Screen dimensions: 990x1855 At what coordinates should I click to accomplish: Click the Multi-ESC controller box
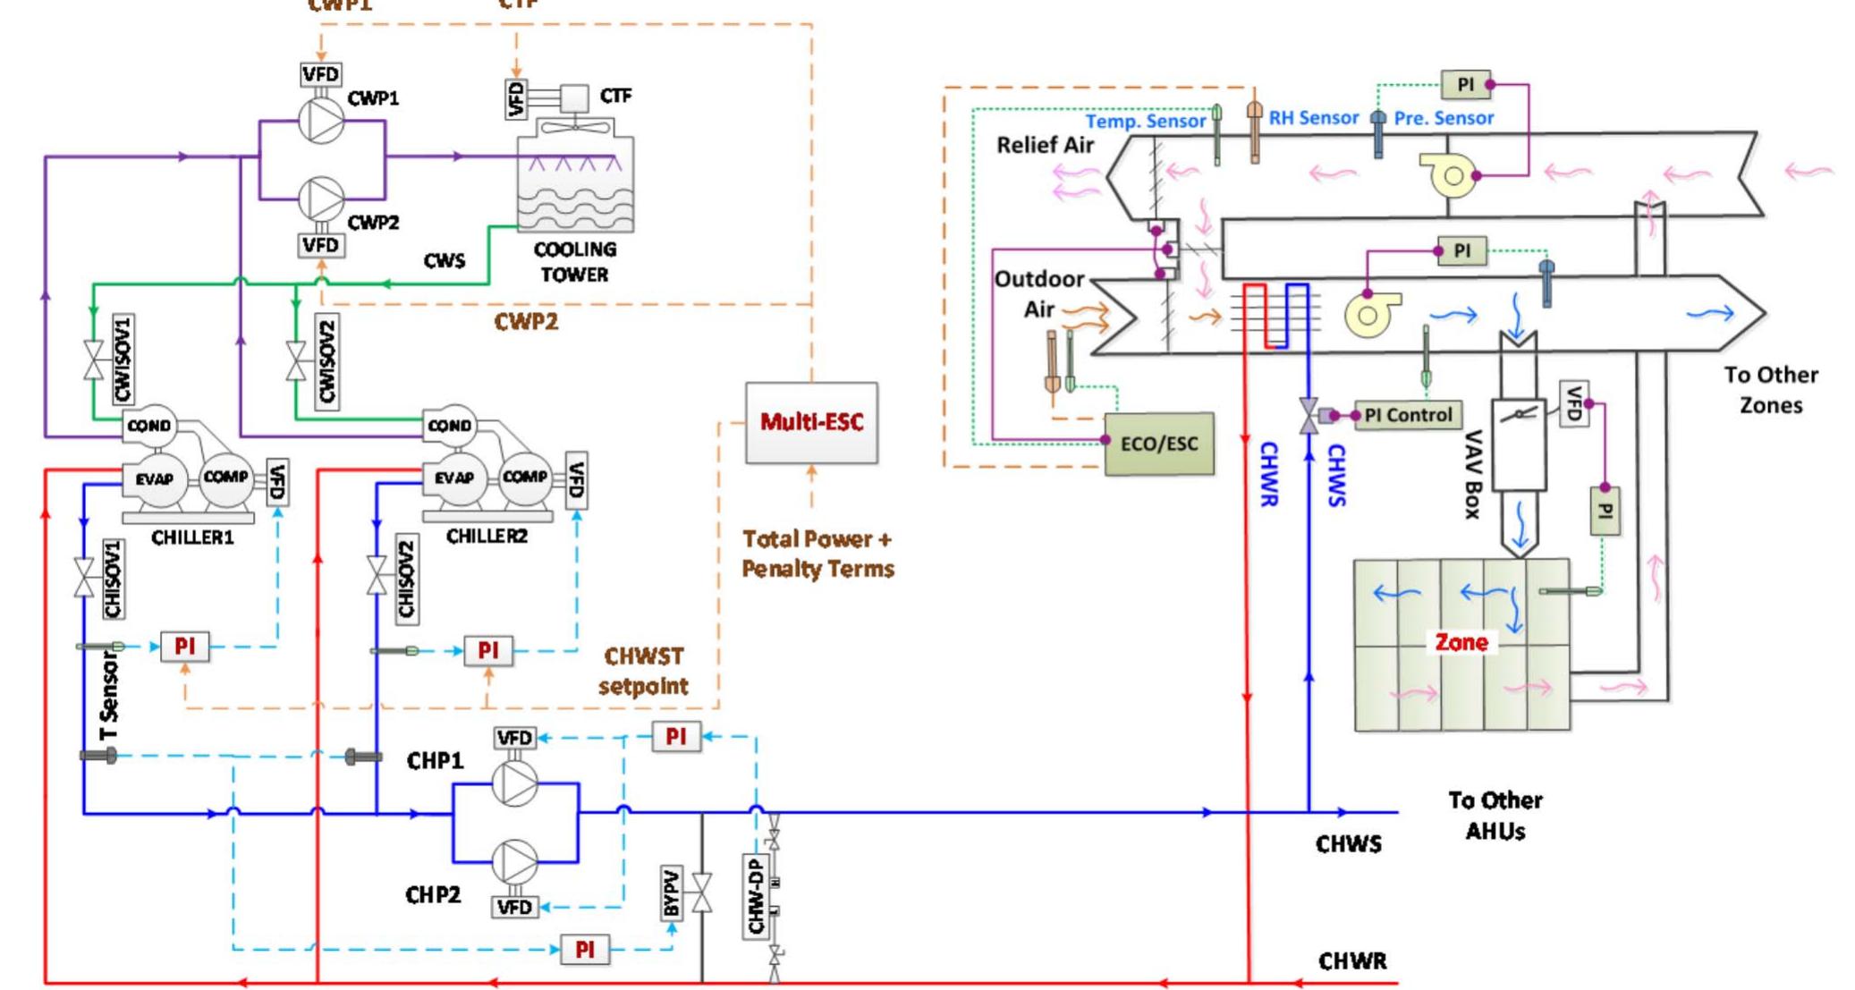click(x=811, y=422)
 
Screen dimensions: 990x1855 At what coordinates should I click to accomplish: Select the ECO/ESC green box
click(x=1159, y=444)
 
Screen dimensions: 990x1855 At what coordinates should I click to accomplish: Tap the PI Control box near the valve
click(x=1408, y=415)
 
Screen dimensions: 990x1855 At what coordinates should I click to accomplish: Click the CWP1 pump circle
click(x=321, y=120)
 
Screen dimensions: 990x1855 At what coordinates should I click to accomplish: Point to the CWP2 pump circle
click(x=321, y=199)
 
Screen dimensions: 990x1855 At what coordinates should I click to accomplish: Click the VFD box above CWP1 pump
click(x=320, y=74)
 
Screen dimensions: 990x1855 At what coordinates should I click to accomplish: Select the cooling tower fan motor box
click(x=574, y=97)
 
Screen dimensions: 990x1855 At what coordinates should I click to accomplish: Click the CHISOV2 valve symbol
click(x=377, y=576)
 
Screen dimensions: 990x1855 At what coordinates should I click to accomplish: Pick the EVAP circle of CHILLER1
click(x=154, y=479)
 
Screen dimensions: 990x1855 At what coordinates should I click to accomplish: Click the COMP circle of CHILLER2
click(x=525, y=478)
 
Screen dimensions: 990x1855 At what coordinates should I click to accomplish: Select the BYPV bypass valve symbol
click(x=702, y=893)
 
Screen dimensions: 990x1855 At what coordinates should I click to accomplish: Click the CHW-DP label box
click(x=756, y=896)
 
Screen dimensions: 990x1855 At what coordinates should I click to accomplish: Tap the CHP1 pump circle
click(x=515, y=783)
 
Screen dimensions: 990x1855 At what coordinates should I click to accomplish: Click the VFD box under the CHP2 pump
click(x=515, y=908)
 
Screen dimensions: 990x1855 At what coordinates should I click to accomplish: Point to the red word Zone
click(x=1461, y=642)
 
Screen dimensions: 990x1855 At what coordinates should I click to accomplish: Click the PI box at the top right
click(x=1465, y=85)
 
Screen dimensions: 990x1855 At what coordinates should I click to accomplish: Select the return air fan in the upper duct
click(x=1450, y=175)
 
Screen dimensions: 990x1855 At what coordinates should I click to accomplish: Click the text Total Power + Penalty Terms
click(x=817, y=554)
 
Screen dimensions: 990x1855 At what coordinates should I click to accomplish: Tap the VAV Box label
click(x=1472, y=474)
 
